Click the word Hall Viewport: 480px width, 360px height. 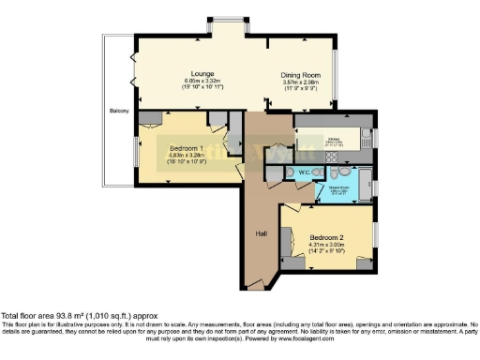pos(262,233)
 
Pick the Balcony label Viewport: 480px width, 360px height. pos(117,112)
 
